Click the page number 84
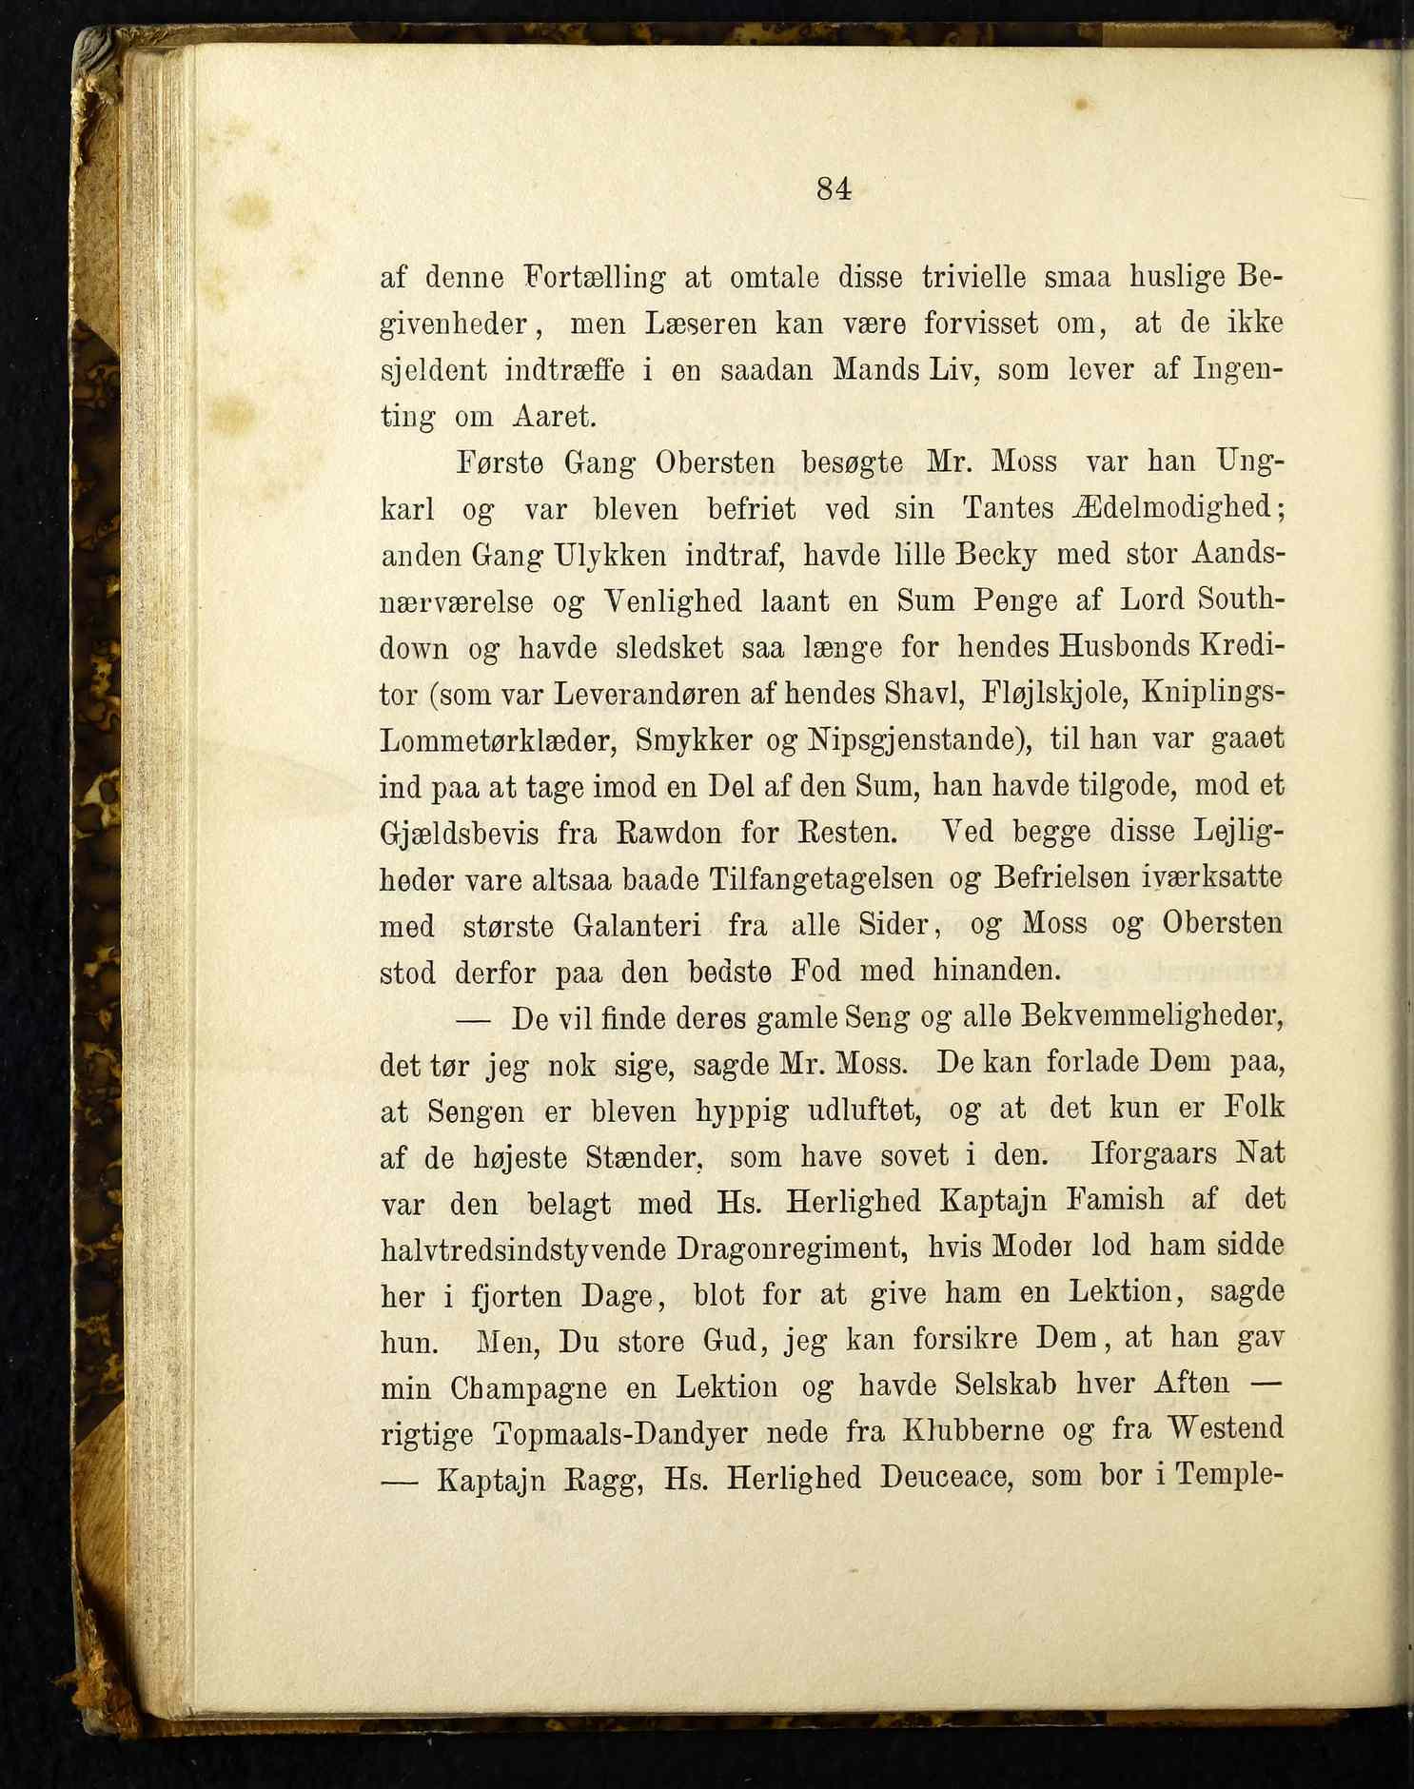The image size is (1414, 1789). (x=834, y=189)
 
